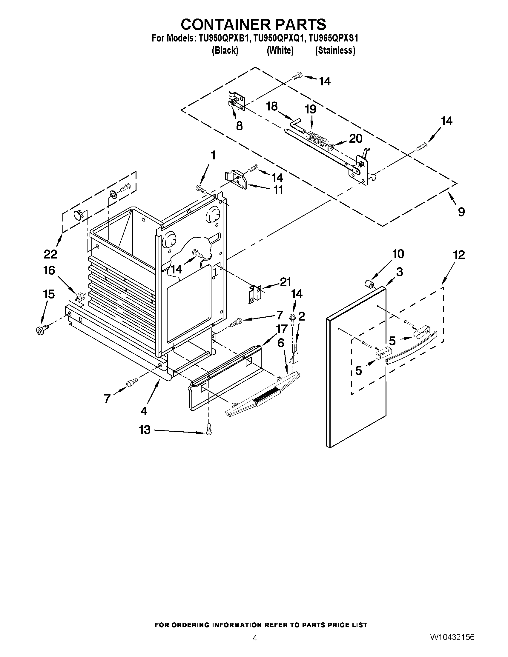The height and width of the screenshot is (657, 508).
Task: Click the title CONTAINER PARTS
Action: (x=254, y=24)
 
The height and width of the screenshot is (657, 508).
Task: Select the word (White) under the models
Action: (x=280, y=50)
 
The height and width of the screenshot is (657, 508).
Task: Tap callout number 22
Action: (x=50, y=254)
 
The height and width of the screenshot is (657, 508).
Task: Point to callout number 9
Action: (x=461, y=212)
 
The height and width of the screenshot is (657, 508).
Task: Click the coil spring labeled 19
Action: (x=317, y=139)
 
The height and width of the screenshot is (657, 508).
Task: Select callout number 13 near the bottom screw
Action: (x=145, y=430)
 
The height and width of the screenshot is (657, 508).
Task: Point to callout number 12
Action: (x=459, y=255)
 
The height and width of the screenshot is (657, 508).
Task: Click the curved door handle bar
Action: (x=411, y=348)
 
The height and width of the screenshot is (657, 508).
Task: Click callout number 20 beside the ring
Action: (x=355, y=139)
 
